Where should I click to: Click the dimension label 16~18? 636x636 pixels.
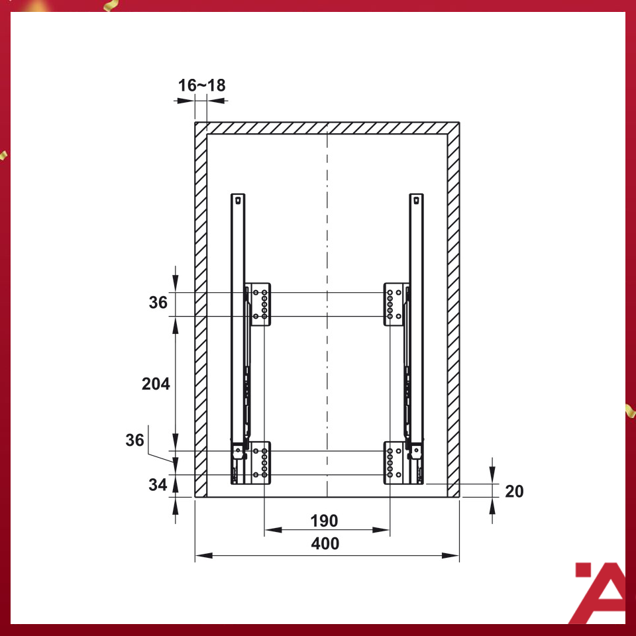[x=201, y=85]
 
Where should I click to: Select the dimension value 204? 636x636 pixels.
[x=156, y=384]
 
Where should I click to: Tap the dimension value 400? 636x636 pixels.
[x=325, y=544]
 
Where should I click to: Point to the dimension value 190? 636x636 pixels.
[x=324, y=521]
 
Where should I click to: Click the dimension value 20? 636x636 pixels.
[x=514, y=492]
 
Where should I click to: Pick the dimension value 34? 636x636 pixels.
[x=157, y=485]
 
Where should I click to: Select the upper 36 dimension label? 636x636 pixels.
[x=158, y=303]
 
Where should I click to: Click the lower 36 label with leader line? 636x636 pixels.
[x=134, y=441]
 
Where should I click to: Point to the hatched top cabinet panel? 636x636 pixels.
[x=327, y=128]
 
